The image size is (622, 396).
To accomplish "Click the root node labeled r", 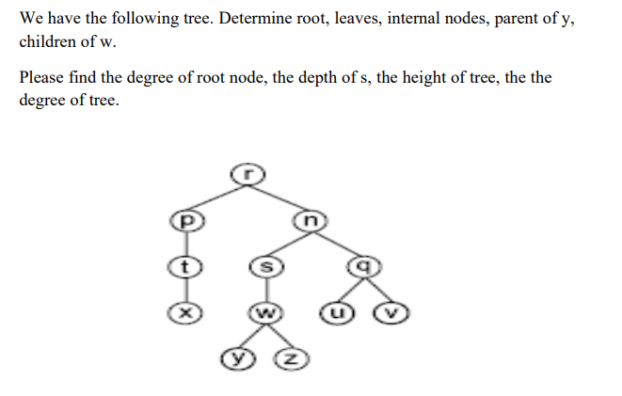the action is pyautogui.click(x=247, y=173).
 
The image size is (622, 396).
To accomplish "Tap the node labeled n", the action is pyautogui.click(x=310, y=221).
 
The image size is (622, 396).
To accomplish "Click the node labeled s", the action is pyautogui.click(x=265, y=267).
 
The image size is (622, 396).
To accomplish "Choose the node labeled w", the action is pyautogui.click(x=265, y=311).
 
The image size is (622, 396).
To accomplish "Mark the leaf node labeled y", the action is pyautogui.click(x=235, y=357).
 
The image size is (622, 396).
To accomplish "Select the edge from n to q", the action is pyautogui.click(x=337, y=243).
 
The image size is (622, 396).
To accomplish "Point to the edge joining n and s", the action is pyautogui.click(x=288, y=244).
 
